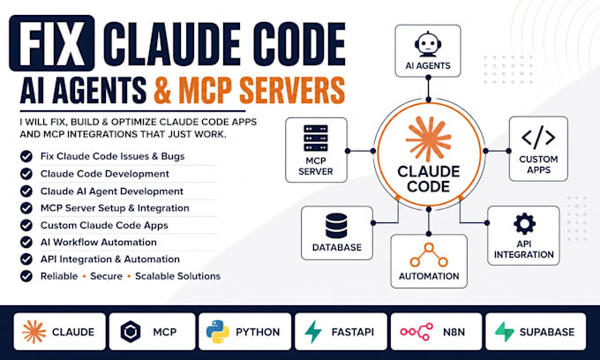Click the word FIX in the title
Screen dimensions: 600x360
click(x=52, y=43)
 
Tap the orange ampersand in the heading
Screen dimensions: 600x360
click(x=162, y=89)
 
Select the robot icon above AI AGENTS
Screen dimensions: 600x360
click(x=428, y=44)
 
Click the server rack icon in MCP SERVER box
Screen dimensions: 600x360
click(x=316, y=138)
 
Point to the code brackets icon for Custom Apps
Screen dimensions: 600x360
click(x=538, y=137)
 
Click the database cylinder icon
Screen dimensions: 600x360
click(x=337, y=226)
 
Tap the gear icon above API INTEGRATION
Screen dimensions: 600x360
click(x=524, y=224)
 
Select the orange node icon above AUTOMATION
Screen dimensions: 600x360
click(x=429, y=255)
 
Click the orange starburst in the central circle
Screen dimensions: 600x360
click(x=429, y=139)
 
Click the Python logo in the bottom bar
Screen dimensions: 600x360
click(x=218, y=332)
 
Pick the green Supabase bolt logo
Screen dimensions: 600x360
click(x=505, y=331)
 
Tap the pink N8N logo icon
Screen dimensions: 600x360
click(x=416, y=332)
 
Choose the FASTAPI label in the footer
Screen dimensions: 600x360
click(x=352, y=332)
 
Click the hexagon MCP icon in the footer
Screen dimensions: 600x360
click(x=131, y=331)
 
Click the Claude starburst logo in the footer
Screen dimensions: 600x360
click(x=34, y=332)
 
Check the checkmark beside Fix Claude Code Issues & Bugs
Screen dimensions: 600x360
click(x=26, y=156)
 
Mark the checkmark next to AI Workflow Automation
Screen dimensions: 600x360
click(x=26, y=242)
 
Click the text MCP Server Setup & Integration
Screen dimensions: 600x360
click(x=115, y=208)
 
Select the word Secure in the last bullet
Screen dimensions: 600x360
click(x=107, y=276)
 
